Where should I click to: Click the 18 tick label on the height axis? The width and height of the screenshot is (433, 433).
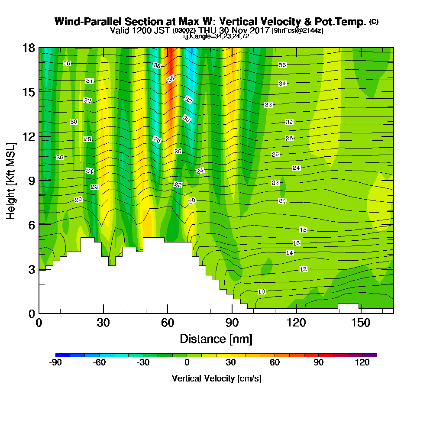point(29,48)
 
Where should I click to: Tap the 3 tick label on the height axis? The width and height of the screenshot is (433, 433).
point(31,269)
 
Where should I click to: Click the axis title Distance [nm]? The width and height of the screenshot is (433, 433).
point(216,339)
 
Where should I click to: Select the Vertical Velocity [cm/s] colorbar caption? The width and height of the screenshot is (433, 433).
point(216,378)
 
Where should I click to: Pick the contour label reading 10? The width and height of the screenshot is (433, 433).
point(262,291)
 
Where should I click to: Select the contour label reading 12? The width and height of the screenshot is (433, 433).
point(304,269)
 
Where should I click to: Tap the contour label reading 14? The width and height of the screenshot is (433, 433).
point(290,252)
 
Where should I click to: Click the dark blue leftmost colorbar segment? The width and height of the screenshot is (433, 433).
point(63,355)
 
